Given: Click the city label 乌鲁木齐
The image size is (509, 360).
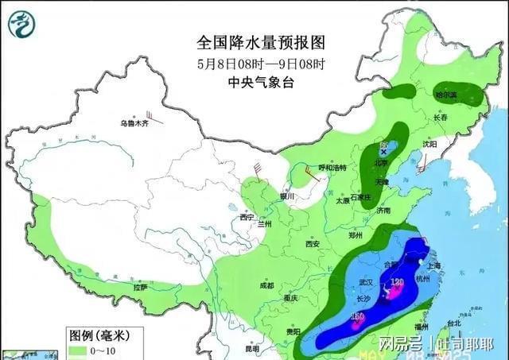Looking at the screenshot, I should coord(134,123).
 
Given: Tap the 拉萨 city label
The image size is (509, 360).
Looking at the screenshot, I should coord(140,287).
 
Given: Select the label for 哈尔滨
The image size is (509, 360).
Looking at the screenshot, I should coord(446,95).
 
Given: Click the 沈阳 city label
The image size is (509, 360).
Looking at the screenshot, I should coord(429,145).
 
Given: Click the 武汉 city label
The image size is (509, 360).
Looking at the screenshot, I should coord(366,283).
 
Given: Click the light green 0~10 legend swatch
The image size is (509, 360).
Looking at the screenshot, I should coord(79,350).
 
